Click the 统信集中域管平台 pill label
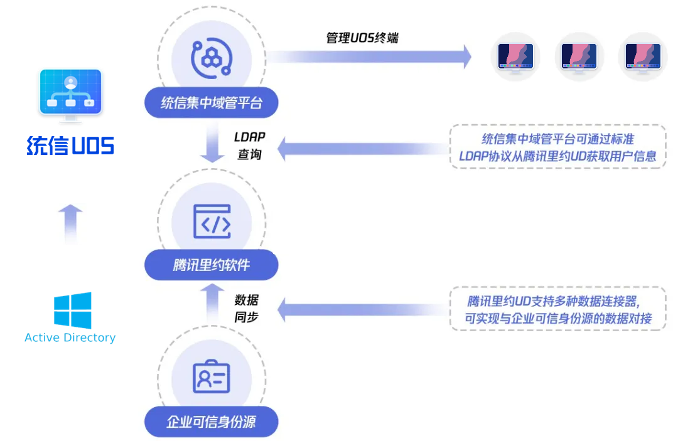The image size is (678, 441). click(211, 103)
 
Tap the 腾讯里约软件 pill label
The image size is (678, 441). click(211, 265)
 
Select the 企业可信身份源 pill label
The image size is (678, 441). click(211, 422)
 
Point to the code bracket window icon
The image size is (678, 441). click(212, 221)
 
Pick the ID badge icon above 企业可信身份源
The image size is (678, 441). click(212, 377)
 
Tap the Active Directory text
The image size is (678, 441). click(70, 337)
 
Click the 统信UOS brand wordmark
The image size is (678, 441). click(70, 146)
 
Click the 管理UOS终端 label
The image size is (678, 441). click(362, 38)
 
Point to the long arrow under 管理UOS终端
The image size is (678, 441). click(370, 57)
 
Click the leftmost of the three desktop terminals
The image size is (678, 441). click(515, 57)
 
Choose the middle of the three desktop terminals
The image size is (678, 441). click(579, 57)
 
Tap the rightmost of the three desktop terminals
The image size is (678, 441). click(643, 57)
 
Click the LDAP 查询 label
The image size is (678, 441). click(249, 146)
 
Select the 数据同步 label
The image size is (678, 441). click(247, 309)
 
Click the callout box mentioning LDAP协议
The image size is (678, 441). click(557, 147)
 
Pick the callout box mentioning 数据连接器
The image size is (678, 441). click(557, 309)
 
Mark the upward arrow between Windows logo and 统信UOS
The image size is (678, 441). click(70, 223)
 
